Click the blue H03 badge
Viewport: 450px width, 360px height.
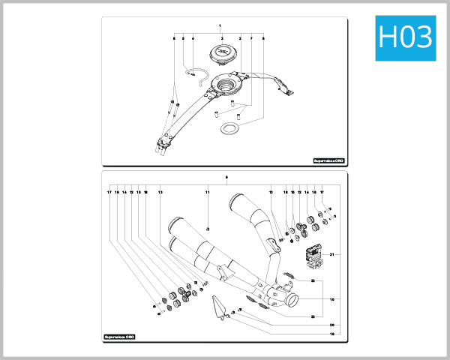tap(405, 36)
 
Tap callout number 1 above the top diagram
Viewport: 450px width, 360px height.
tap(220, 26)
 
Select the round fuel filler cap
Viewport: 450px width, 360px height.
tap(223, 52)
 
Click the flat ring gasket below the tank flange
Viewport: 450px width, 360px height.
tap(229, 129)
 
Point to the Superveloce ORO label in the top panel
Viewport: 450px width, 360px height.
tap(328, 160)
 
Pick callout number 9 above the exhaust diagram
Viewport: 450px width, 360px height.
tap(226, 177)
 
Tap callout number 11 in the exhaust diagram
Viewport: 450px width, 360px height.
tap(208, 193)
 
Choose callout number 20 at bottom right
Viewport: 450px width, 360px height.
tap(331, 325)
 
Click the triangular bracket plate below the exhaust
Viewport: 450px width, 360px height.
tap(218, 307)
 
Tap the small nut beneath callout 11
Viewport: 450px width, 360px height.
tap(208, 227)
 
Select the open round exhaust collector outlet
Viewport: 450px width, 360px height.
tap(290, 303)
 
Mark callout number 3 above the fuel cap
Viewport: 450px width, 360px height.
tap(222, 37)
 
